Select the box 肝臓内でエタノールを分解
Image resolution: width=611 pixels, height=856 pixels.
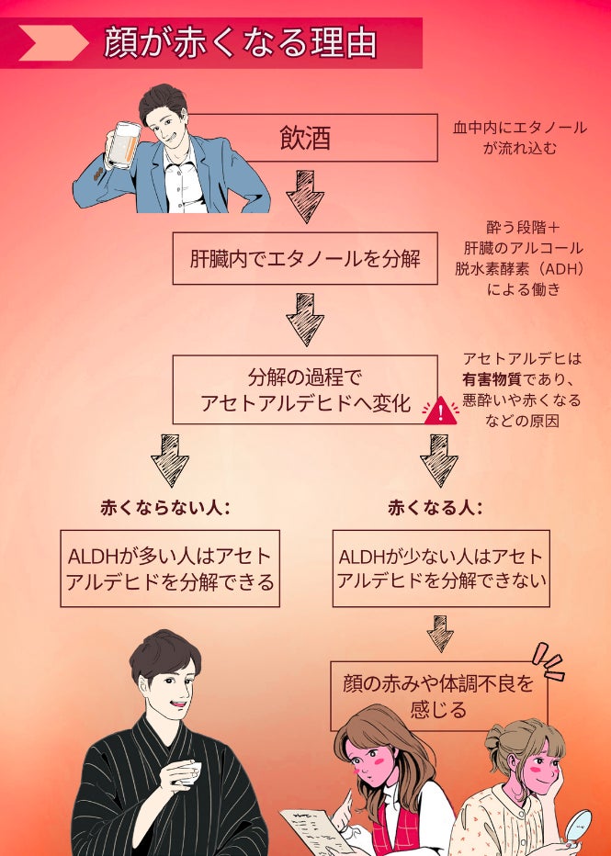tap(304, 258)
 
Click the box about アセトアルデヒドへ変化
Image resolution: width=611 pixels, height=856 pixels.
tap(304, 390)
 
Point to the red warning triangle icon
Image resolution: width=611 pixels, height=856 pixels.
tap(440, 410)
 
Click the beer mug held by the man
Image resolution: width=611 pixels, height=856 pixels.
tap(122, 145)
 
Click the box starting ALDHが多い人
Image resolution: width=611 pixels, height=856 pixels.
tap(172, 569)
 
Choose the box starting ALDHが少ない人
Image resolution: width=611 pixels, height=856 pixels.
tap(441, 569)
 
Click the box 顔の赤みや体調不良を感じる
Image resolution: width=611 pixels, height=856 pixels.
tap(439, 695)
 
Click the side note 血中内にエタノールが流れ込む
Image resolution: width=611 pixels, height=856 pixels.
tap(519, 137)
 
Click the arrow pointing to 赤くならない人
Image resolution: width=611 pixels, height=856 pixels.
tap(169, 460)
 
